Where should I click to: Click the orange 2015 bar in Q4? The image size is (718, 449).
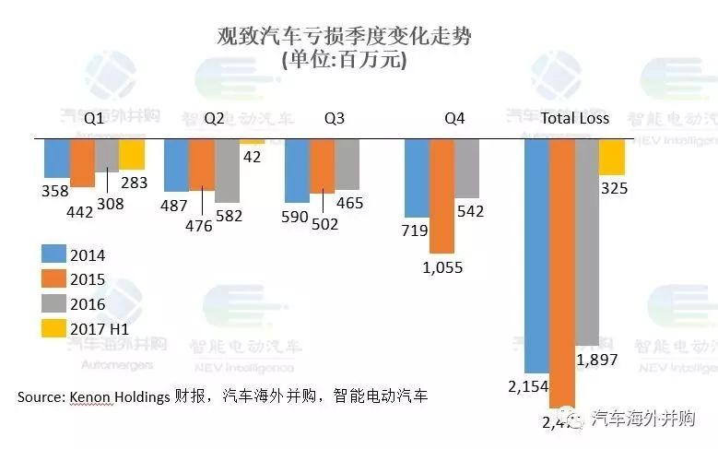[442, 195]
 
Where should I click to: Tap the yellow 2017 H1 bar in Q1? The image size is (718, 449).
[132, 154]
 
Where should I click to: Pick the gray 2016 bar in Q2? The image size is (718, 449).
[227, 171]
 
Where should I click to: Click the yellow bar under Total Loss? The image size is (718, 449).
[612, 158]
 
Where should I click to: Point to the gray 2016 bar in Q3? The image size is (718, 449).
[347, 164]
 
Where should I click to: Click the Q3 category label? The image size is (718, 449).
[335, 119]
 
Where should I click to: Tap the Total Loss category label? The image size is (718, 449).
[575, 119]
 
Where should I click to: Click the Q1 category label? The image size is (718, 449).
[94, 119]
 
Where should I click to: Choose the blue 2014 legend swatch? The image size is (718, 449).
[54, 254]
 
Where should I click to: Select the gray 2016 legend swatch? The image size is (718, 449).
[54, 303]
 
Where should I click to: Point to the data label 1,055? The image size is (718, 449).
[442, 267]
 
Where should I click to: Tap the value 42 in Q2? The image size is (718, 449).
[253, 157]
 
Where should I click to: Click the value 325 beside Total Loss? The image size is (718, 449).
[614, 189]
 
